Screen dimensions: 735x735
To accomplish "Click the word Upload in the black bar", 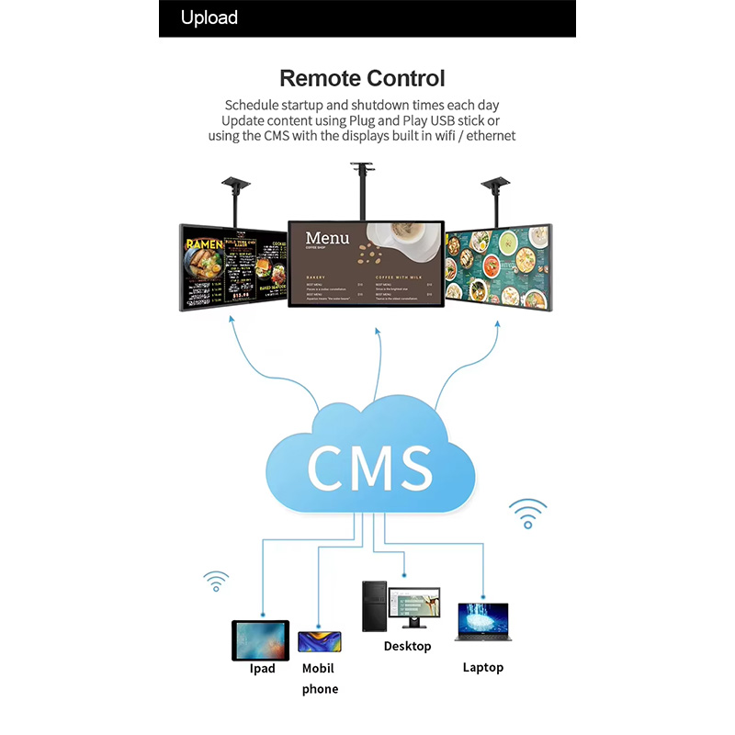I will click(209, 18).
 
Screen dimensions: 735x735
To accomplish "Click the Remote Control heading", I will click(362, 78).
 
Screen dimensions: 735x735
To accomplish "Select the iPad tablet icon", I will click(260, 639).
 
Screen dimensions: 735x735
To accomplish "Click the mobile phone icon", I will click(320, 641).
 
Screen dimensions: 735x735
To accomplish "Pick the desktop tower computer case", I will click(374, 605).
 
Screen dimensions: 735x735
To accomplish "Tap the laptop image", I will click(482, 621).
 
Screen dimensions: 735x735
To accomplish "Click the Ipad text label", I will click(262, 669).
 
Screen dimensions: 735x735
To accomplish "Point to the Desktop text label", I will click(407, 647).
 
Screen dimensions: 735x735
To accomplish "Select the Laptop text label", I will click(482, 668).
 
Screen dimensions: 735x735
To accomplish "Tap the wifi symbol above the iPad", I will click(217, 582).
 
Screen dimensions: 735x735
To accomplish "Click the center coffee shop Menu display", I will click(366, 265).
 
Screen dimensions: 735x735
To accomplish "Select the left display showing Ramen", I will click(232, 266).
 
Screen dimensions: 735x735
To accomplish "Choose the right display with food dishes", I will click(498, 266).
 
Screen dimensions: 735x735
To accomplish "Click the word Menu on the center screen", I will click(327, 239).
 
